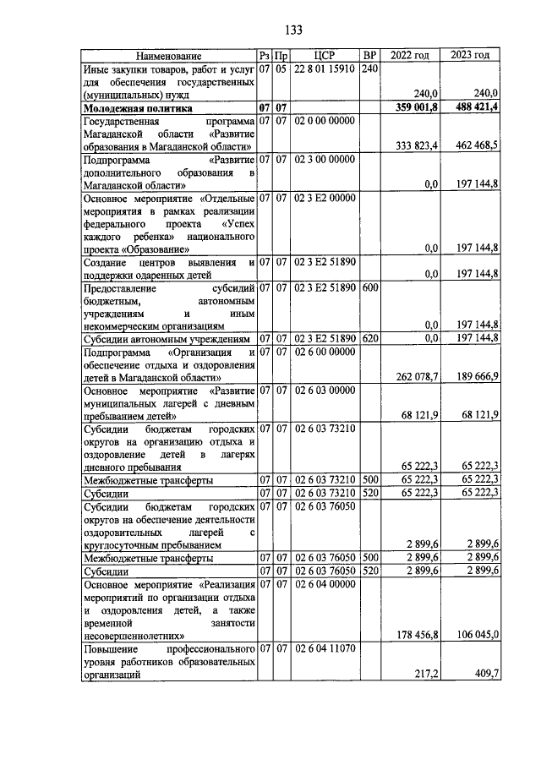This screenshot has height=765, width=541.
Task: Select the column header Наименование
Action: point(168,56)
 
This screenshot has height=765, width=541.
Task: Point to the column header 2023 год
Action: point(471,56)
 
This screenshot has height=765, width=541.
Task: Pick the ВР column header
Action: point(369,56)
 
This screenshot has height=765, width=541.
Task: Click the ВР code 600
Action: point(369,287)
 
